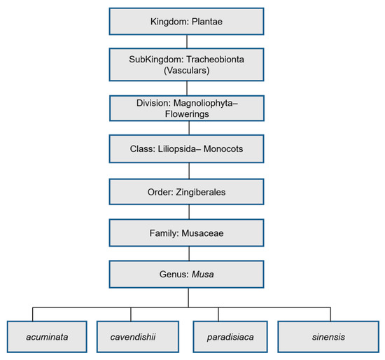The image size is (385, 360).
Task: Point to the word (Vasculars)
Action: [x=186, y=71]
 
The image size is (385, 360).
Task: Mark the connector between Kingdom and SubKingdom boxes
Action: [x=186, y=41]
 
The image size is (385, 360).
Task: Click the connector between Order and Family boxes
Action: [x=186, y=211]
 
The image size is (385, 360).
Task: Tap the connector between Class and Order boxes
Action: [x=186, y=170]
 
